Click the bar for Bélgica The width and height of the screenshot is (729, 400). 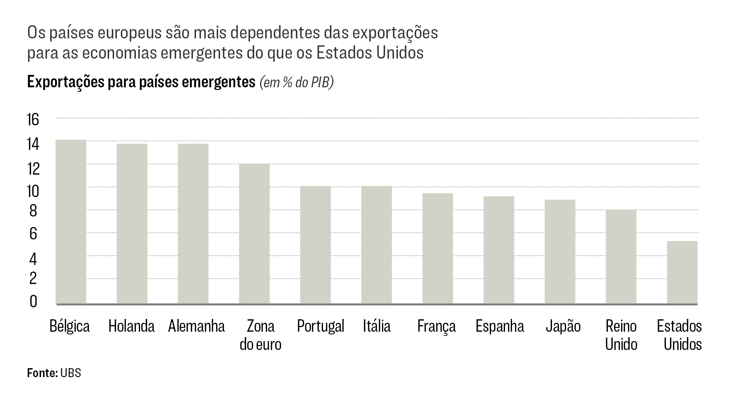71,222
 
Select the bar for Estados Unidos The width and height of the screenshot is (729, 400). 682,272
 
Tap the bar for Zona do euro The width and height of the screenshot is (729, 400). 254,234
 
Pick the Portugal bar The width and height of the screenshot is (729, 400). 315,245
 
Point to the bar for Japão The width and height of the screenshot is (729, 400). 560,251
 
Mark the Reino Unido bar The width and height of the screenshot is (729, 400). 621,256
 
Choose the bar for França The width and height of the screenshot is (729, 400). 437,248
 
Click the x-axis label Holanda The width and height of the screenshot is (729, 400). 131,326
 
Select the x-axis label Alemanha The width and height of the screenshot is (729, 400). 196,326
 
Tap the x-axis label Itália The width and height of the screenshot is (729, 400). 377,326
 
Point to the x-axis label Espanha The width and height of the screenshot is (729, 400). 500,326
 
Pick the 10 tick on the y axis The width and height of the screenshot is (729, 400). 33,191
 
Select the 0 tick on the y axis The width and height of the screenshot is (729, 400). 33,301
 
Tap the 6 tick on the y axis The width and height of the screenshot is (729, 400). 33,234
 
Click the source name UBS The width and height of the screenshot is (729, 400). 71,373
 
